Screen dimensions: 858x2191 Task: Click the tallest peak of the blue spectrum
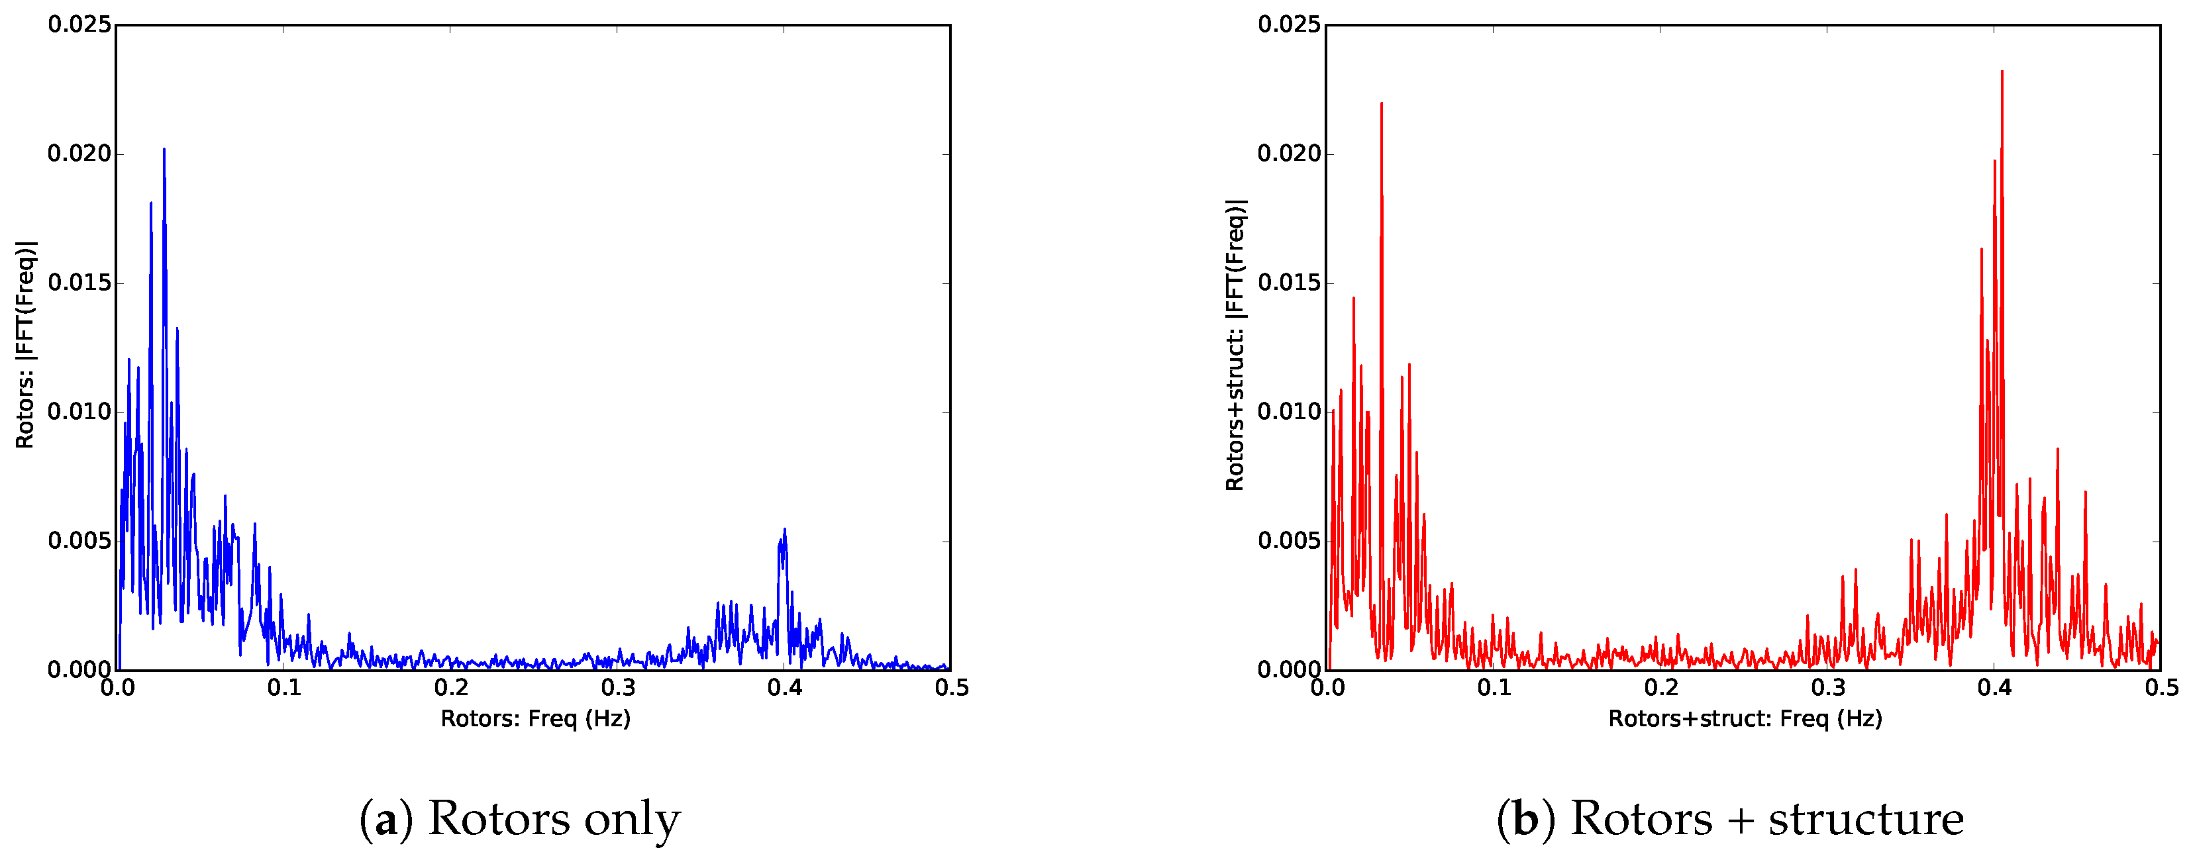(164, 150)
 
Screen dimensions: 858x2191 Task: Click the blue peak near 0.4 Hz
(784, 530)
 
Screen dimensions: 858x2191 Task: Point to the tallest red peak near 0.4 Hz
(2002, 73)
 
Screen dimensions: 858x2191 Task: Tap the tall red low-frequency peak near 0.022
(1381, 105)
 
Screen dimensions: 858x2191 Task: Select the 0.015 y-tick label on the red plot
(1290, 283)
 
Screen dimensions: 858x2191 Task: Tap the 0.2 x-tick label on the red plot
(1660, 687)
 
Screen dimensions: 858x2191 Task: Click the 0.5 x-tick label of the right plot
(2161, 687)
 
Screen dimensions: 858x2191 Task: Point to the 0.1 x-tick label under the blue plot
(284, 687)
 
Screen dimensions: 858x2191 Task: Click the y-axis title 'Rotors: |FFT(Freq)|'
(26, 344)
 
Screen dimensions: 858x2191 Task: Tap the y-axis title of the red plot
(1235, 344)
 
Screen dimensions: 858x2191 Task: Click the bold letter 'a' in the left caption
(386, 820)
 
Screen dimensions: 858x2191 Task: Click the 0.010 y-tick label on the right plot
(1290, 412)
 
